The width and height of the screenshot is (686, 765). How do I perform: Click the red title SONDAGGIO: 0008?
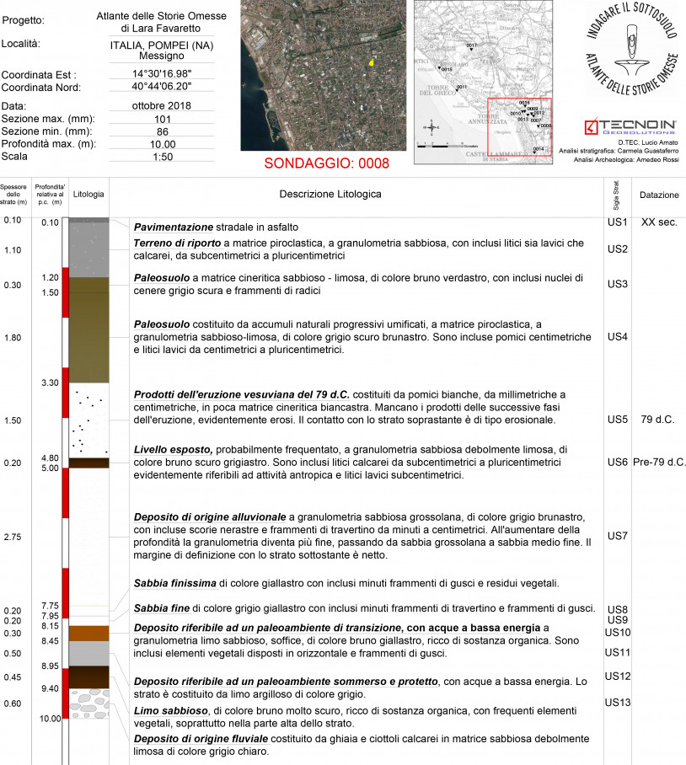point(328,163)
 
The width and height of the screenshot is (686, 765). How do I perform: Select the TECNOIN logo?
point(631,127)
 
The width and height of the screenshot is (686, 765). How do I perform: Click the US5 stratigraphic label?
point(618,419)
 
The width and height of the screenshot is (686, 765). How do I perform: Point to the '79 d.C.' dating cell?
point(658,419)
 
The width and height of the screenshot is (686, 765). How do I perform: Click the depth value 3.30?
point(50,382)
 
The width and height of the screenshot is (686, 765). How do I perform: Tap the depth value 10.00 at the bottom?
point(50,719)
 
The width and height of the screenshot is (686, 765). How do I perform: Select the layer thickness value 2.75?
point(13,537)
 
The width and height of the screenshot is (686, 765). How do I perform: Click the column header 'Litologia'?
point(88,195)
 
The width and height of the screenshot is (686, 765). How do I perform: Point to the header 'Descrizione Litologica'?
point(330,195)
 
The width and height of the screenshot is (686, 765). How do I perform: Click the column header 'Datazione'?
point(658,195)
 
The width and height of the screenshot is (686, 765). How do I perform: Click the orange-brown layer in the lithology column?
point(88,633)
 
